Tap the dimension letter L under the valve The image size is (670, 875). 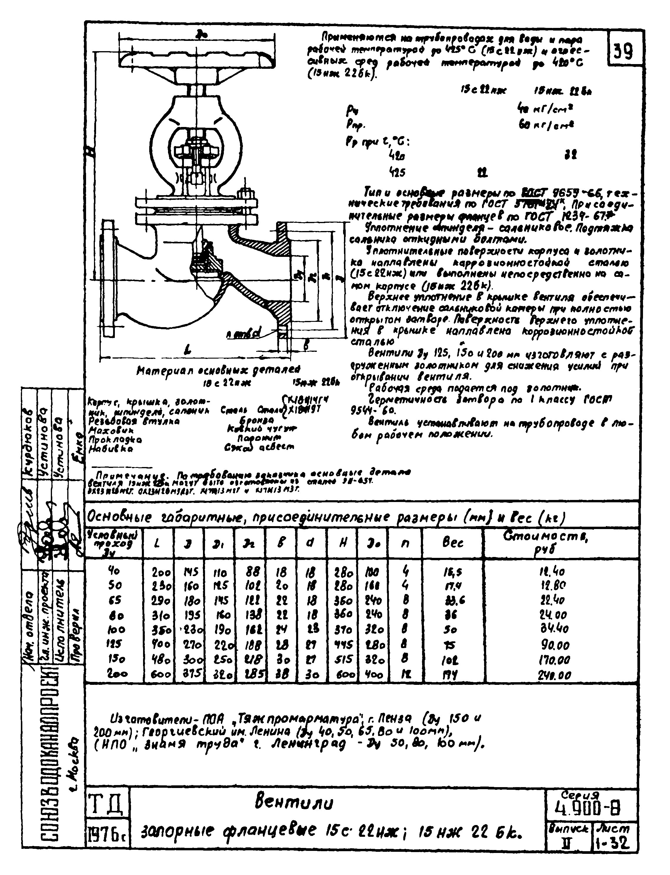coord(188,350)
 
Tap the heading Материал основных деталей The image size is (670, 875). coord(218,371)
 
